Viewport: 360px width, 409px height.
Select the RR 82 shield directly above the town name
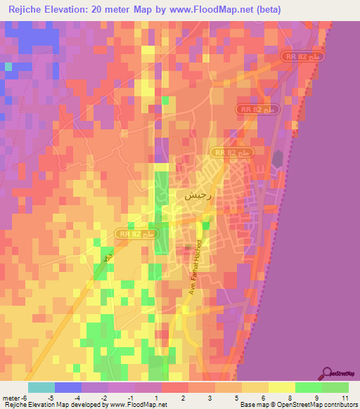point(231,152)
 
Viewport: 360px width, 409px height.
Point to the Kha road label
point(108,259)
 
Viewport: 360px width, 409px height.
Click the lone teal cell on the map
point(8,67)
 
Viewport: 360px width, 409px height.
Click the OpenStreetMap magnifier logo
point(328,374)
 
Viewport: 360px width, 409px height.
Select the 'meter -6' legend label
point(15,398)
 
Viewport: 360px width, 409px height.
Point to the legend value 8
point(290,398)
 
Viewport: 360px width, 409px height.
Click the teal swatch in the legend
point(41,387)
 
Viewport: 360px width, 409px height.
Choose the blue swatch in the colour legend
point(67,387)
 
